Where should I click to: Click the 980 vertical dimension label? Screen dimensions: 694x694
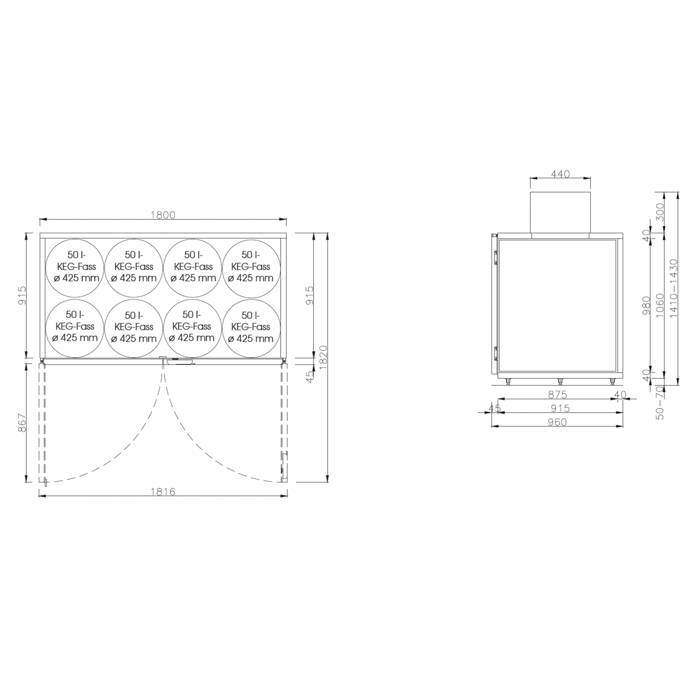click(646, 305)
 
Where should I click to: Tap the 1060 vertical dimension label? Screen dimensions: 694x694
click(660, 305)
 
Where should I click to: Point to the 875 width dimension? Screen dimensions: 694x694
click(557, 395)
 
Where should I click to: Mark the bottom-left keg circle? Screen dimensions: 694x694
click(75, 328)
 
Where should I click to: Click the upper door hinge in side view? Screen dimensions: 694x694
click(496, 257)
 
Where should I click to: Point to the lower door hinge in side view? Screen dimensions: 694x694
click(496, 354)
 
